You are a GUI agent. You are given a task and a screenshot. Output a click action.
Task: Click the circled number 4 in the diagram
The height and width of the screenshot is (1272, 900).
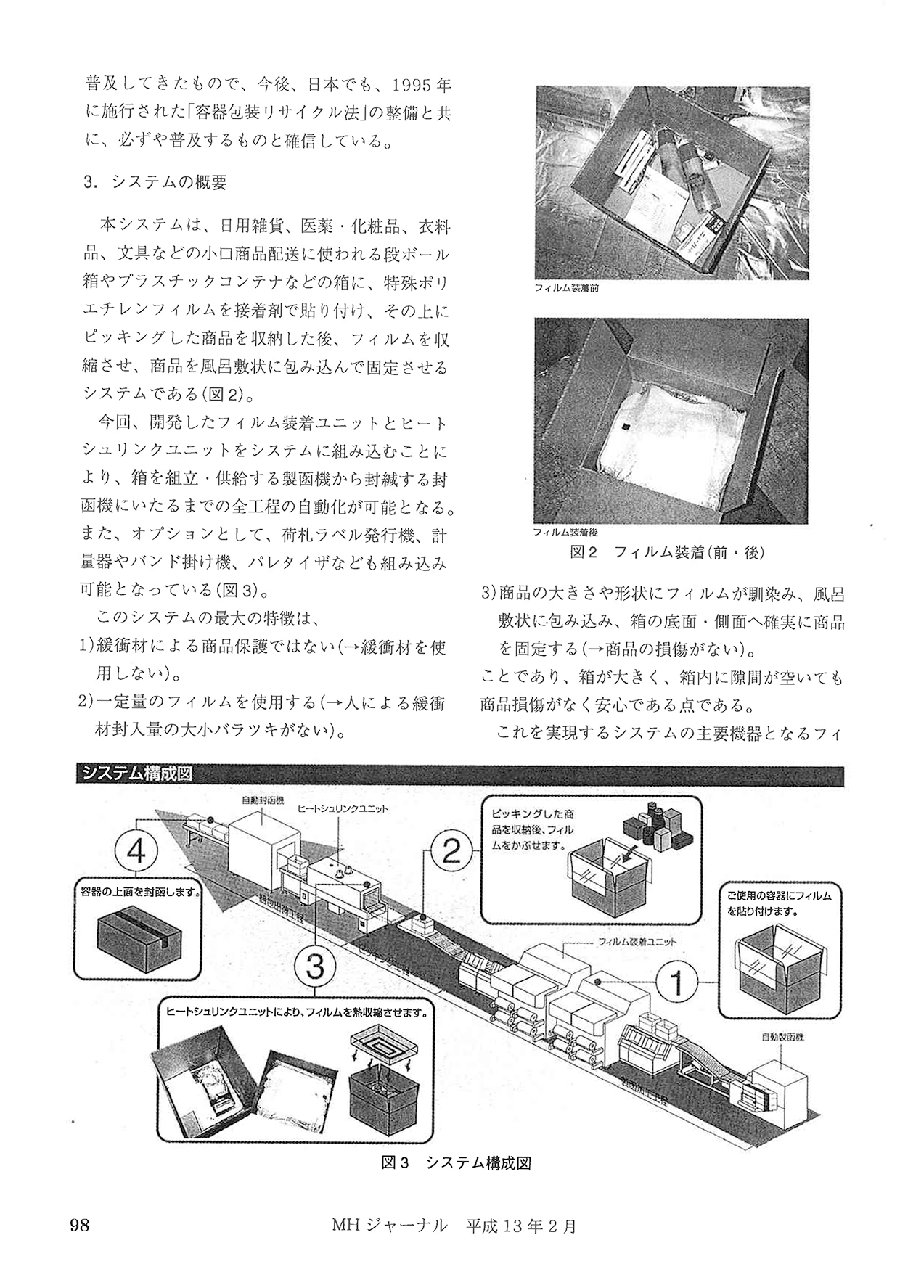(x=137, y=852)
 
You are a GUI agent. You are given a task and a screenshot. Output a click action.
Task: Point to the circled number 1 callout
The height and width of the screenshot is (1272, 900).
(x=676, y=983)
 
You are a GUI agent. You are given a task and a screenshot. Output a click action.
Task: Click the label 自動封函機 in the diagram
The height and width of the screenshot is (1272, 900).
(x=261, y=800)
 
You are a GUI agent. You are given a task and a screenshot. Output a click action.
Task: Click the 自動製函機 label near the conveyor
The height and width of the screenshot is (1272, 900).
(x=782, y=1037)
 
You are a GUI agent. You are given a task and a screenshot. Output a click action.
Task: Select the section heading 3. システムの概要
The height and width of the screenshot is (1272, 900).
(x=155, y=183)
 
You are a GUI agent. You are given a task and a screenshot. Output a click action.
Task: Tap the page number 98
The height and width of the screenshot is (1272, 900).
(x=79, y=1226)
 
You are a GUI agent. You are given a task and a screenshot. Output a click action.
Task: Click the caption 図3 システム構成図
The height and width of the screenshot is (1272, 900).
(x=457, y=1163)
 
